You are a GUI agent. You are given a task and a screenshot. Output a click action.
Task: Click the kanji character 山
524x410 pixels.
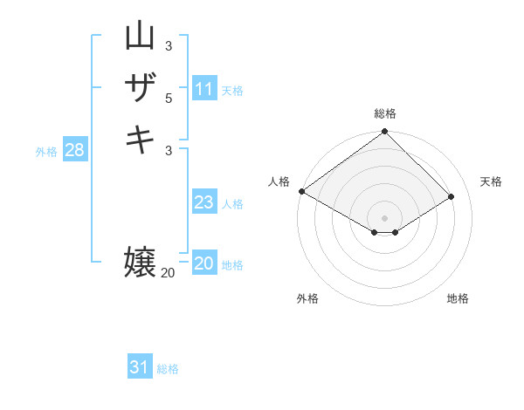pyautogui.click(x=140, y=37)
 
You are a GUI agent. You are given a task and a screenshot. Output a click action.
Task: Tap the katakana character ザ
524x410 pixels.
pyautogui.click(x=140, y=87)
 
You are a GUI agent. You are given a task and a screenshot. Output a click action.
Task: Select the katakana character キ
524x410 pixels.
pyautogui.click(x=140, y=140)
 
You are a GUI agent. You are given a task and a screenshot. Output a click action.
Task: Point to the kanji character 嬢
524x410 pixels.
pyautogui.click(x=140, y=263)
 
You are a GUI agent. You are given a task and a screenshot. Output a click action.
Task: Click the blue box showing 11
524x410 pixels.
pyautogui.click(x=204, y=89)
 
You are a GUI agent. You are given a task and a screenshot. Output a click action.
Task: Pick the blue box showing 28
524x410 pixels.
pyautogui.click(x=74, y=150)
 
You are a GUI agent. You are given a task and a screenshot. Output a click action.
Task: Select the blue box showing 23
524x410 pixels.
pyautogui.click(x=203, y=202)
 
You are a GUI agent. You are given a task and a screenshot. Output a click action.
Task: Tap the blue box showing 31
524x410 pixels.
pyautogui.click(x=140, y=367)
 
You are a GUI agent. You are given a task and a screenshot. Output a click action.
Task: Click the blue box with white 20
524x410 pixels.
pyautogui.click(x=204, y=263)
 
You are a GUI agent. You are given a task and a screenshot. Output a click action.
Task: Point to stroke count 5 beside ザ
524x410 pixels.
pyautogui.click(x=169, y=98)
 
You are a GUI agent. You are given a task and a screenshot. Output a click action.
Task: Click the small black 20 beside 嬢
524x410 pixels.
pyautogui.click(x=168, y=273)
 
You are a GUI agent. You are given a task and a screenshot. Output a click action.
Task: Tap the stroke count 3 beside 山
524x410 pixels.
pyautogui.click(x=169, y=45)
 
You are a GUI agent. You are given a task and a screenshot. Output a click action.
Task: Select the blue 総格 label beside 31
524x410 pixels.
pyautogui.click(x=168, y=369)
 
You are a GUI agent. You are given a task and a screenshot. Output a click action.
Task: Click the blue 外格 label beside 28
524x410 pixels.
pyautogui.click(x=46, y=152)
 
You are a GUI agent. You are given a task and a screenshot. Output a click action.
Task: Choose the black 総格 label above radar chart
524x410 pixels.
pyautogui.click(x=385, y=113)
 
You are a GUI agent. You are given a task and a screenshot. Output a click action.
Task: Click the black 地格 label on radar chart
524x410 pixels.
pyautogui.click(x=458, y=298)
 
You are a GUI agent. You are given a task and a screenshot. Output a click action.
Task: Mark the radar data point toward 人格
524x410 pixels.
pyautogui.click(x=301, y=191)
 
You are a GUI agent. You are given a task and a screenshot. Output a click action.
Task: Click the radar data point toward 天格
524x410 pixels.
pyautogui.click(x=452, y=197)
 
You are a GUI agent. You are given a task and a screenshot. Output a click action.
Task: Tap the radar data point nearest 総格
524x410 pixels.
pyautogui.click(x=385, y=133)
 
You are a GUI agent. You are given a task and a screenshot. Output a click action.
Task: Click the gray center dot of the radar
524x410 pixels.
pyautogui.click(x=385, y=218)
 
